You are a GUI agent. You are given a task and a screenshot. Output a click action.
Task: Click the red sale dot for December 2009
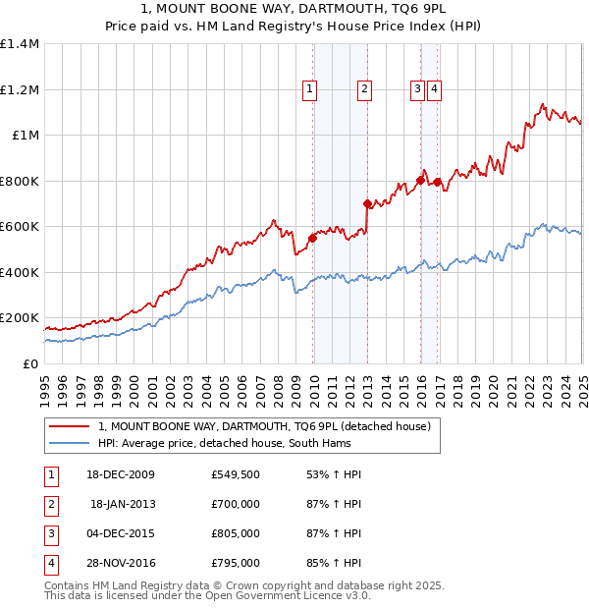tap(313, 238)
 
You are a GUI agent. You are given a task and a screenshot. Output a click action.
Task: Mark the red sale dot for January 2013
tap(368, 204)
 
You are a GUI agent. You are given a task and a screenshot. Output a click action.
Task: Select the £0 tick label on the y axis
tap(31, 364)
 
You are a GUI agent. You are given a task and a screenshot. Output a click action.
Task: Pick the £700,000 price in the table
tap(236, 504)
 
